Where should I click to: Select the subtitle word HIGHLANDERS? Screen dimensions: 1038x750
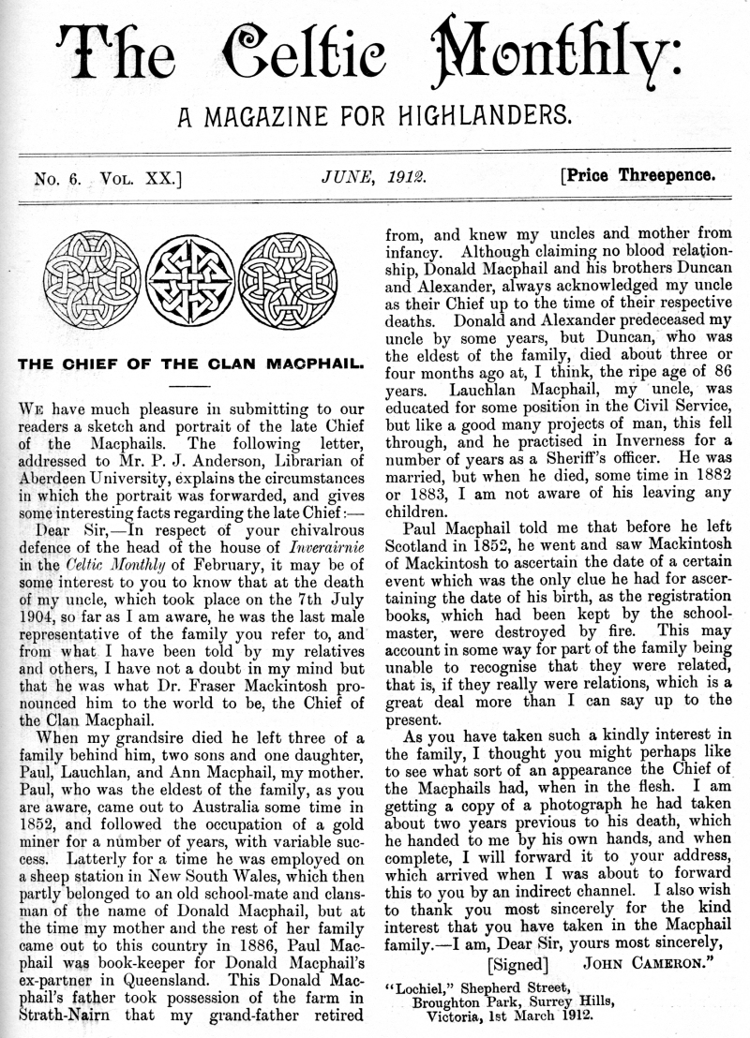(475, 117)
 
